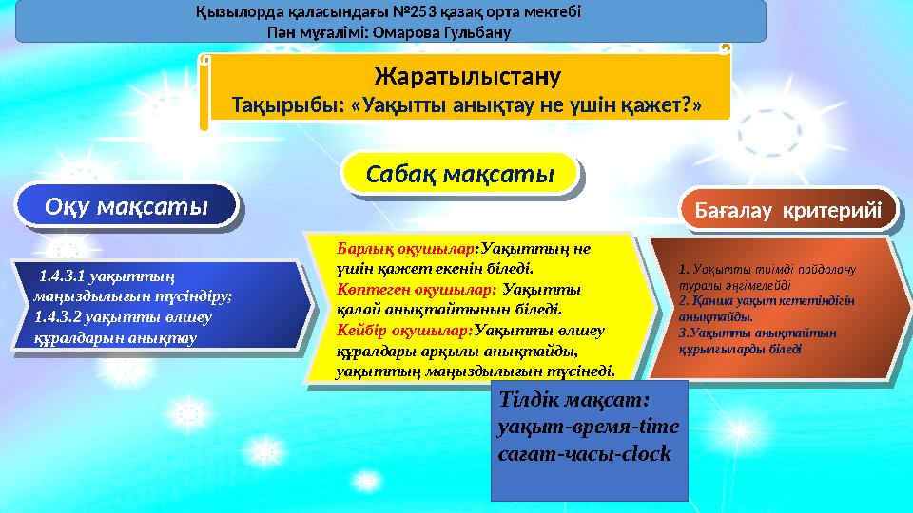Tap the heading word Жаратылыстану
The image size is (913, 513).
pos(467,75)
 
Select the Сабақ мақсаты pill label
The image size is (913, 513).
pos(461,175)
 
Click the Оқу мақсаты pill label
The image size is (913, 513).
pos(126,206)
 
